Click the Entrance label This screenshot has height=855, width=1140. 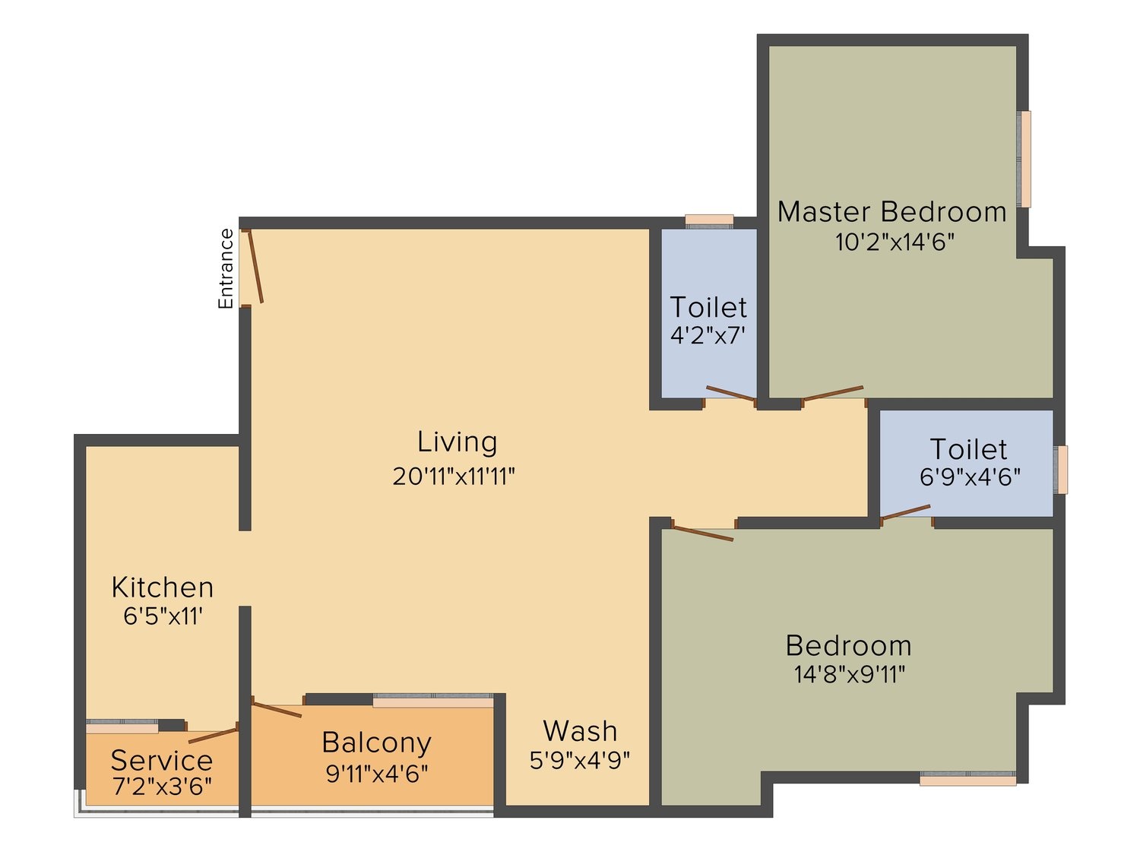pyautogui.click(x=226, y=268)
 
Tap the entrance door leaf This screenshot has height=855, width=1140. pyautogui.click(x=255, y=266)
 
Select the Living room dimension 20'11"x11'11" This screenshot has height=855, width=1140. pyautogui.click(x=454, y=477)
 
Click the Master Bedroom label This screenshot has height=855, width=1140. pyautogui.click(x=891, y=212)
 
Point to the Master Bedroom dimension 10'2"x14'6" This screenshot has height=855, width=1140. pyautogui.click(x=895, y=242)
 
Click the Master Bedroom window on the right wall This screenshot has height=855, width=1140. pyautogui.click(x=1024, y=159)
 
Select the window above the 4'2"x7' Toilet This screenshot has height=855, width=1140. pyautogui.click(x=709, y=220)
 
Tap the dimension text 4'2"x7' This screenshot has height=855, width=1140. pyautogui.click(x=708, y=336)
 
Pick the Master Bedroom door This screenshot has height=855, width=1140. pyautogui.click(x=832, y=393)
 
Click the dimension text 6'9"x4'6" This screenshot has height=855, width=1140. pyautogui.click(x=970, y=477)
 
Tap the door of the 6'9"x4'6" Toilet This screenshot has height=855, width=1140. pyautogui.click(x=905, y=511)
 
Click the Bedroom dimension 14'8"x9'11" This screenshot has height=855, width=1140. pyautogui.click(x=850, y=675)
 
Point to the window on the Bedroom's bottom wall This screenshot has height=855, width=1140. pyautogui.click(x=967, y=779)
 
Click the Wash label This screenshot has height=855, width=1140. pyautogui.click(x=580, y=731)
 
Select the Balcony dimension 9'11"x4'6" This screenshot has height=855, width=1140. pyautogui.click(x=376, y=774)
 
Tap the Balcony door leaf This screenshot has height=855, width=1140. pyautogui.click(x=277, y=710)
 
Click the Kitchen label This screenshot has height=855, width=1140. pyautogui.click(x=163, y=587)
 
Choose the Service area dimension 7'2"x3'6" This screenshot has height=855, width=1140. pyautogui.click(x=162, y=786)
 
